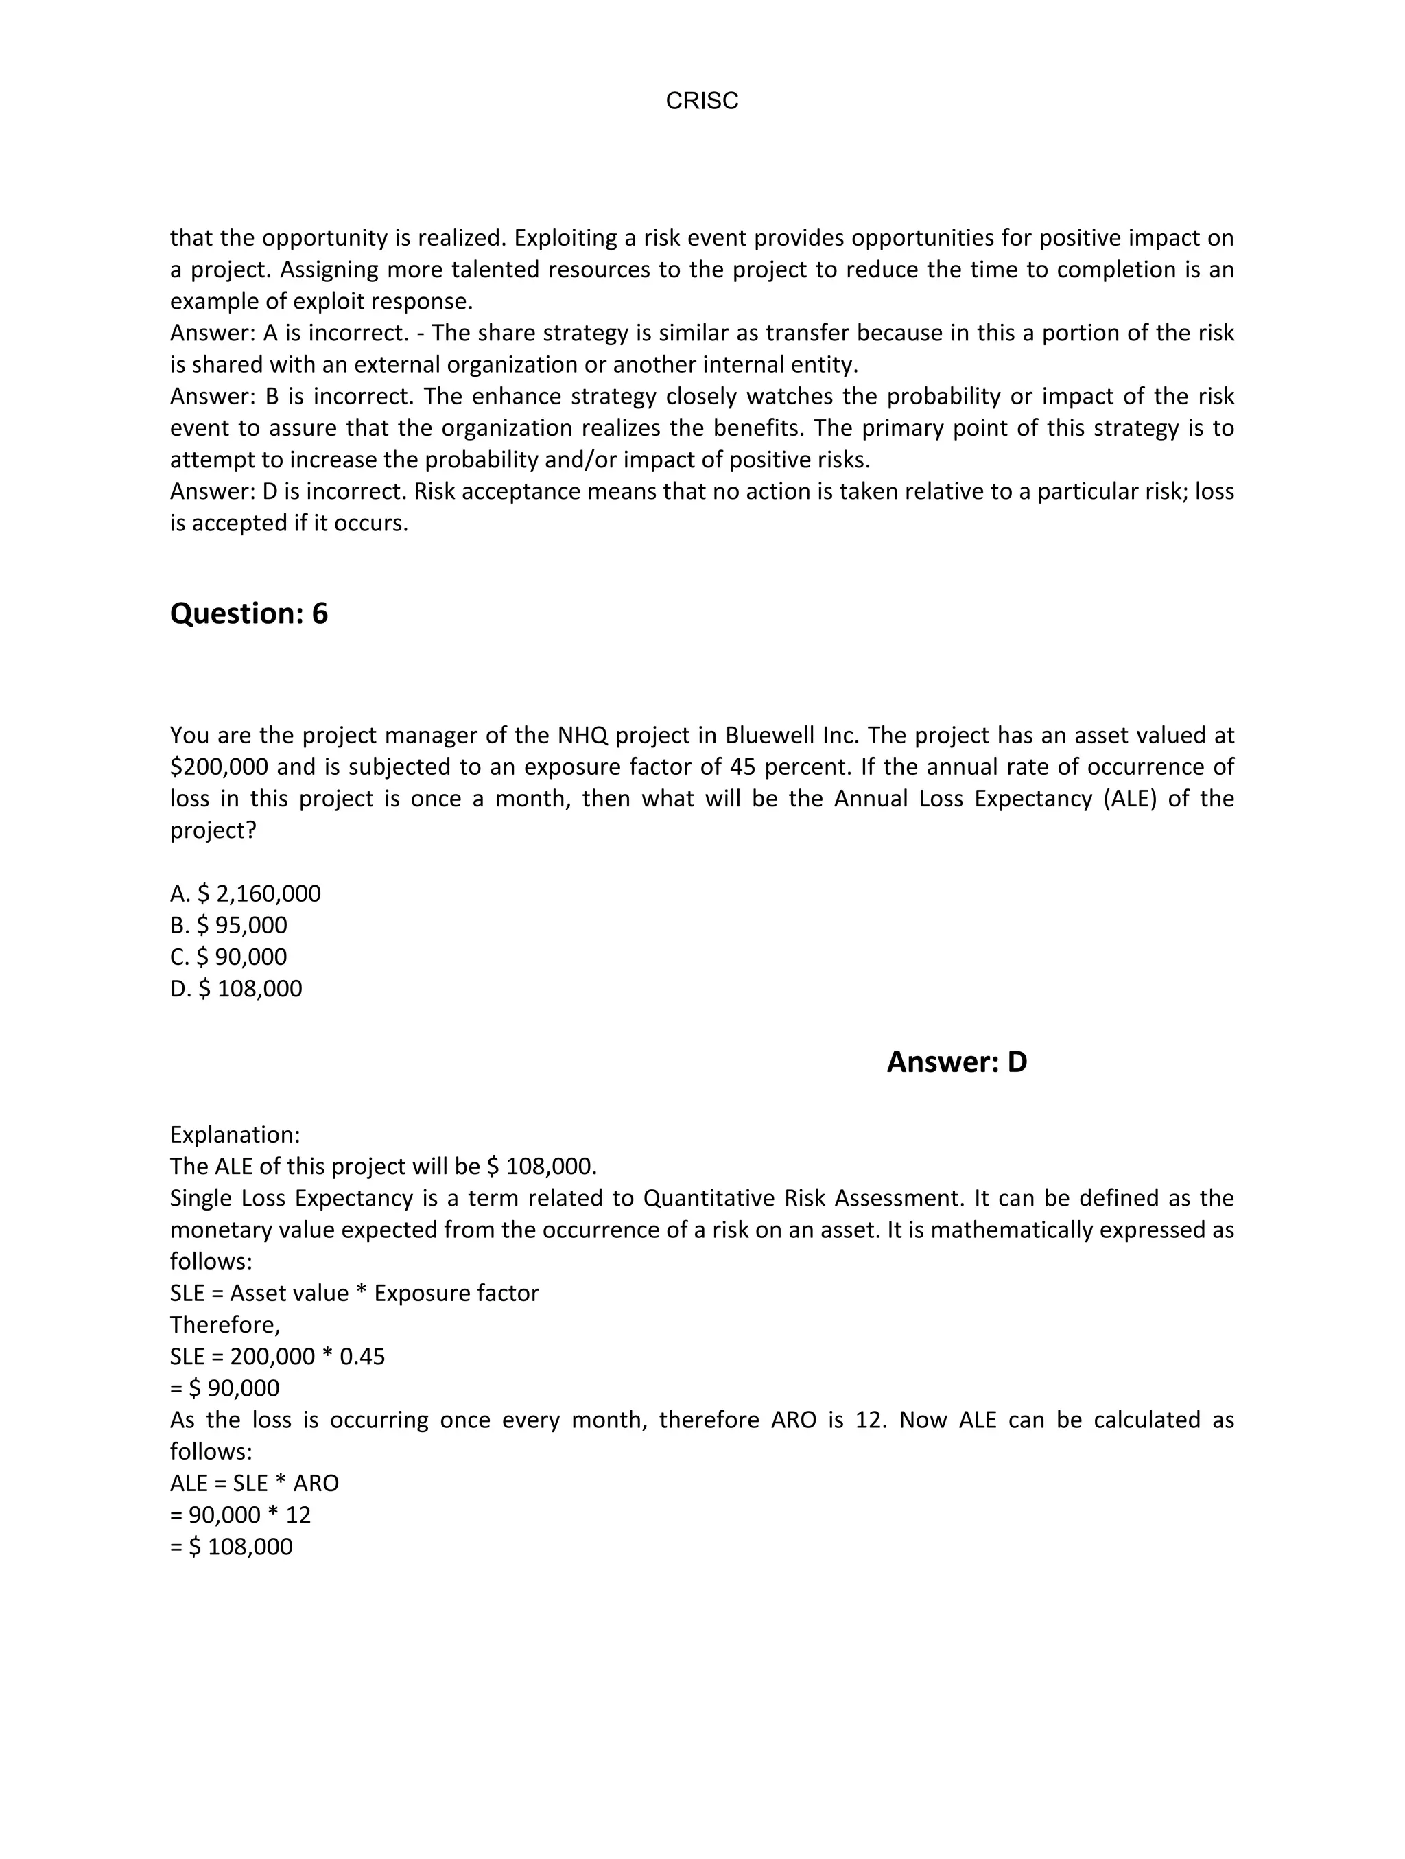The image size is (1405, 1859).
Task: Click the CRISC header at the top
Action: (x=702, y=101)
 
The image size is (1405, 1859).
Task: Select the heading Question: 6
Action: (x=249, y=613)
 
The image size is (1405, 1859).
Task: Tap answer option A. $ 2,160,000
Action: (x=246, y=893)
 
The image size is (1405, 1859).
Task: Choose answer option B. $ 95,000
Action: (x=228, y=925)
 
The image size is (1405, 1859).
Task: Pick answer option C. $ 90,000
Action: (x=228, y=957)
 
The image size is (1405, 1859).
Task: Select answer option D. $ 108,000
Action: (x=236, y=988)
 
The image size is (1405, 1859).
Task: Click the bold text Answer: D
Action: (x=956, y=1062)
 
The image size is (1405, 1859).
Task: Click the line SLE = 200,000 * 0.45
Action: (x=277, y=1357)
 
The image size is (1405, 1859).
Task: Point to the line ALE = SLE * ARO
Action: (x=255, y=1484)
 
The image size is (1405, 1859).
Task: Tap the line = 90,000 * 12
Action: (x=240, y=1515)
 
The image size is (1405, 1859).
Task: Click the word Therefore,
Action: (x=225, y=1325)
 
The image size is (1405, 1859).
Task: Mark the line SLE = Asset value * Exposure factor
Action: (x=354, y=1294)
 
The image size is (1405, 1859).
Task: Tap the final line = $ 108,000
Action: (x=231, y=1547)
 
